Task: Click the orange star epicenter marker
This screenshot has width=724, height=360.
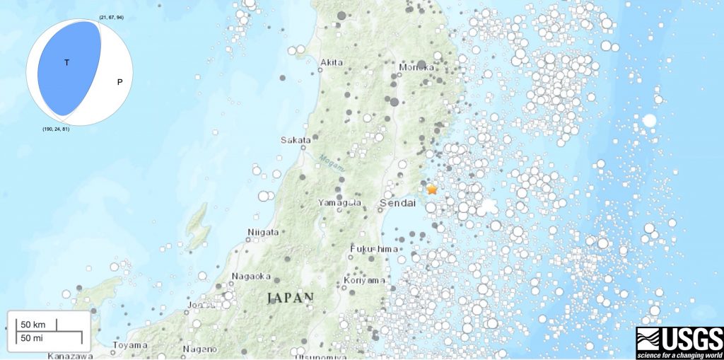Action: coord(432,190)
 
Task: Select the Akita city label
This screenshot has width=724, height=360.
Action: coord(332,63)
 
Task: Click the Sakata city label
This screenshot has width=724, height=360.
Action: coord(296,140)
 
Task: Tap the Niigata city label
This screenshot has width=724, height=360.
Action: coord(264,232)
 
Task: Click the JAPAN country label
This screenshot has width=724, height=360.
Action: coord(290,298)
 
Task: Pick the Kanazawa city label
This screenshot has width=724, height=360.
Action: coord(69,355)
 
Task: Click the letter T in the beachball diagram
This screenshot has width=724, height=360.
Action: coord(67,63)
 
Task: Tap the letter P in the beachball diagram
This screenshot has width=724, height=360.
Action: coord(119,82)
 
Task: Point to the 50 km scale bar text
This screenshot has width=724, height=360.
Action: coord(33,325)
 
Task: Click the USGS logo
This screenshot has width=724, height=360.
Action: coord(679,342)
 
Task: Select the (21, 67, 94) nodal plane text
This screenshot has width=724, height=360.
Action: coord(112,16)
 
